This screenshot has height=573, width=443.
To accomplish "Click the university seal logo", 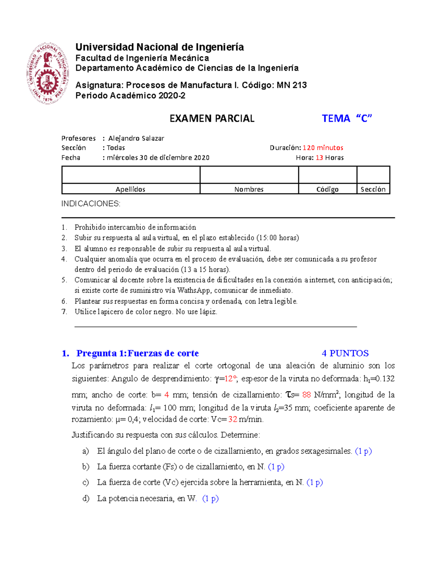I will click(47, 73).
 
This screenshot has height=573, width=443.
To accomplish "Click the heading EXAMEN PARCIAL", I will click(212, 118).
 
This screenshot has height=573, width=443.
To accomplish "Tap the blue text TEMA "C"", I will click(347, 118).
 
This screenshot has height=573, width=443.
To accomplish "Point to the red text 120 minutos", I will click(323, 148).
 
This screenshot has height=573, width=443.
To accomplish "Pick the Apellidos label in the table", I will click(130, 189).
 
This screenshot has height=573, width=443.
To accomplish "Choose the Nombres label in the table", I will click(249, 189).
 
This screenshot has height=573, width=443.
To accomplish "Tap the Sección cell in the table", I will click(373, 189).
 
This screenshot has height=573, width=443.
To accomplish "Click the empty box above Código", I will click(327, 175).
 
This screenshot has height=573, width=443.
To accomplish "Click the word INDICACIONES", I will click(91, 204).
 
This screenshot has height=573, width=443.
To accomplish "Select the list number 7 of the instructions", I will click(64, 312).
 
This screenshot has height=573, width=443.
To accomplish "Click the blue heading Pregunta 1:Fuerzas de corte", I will click(137, 353).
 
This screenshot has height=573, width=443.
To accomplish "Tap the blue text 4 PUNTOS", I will click(345, 353).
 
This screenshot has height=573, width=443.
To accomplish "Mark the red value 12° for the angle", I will click(230, 379).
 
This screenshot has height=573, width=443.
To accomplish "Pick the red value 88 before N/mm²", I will click(306, 395).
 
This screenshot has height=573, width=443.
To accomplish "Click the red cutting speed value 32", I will click(233, 419).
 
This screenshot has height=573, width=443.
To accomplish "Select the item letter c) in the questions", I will click(86, 482).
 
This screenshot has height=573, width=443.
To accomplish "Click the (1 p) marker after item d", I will click(210, 498).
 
